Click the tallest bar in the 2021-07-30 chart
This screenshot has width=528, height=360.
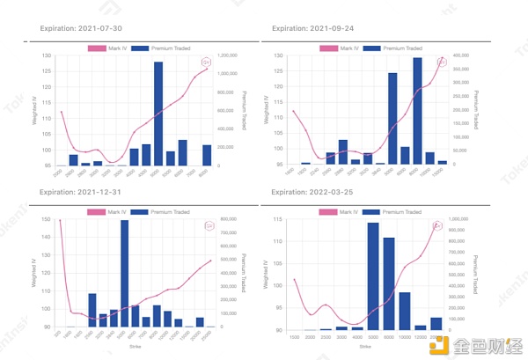point(158,114)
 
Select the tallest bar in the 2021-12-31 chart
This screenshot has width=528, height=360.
point(125,273)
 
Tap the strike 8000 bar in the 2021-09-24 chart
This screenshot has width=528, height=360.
point(417,111)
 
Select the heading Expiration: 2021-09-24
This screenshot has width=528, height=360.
point(315,28)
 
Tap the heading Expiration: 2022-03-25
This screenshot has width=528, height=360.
point(315,192)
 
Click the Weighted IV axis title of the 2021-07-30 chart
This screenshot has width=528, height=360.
point(34,110)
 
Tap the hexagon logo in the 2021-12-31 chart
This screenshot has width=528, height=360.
point(209,225)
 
